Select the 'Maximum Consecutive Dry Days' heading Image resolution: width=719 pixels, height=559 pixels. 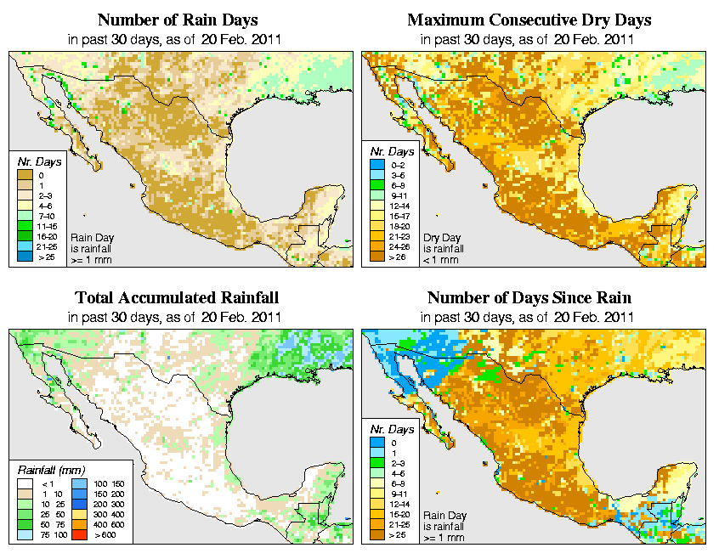(x=529, y=20)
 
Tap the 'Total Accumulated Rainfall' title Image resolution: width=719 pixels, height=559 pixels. (x=177, y=298)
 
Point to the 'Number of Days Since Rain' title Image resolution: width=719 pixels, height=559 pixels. (x=529, y=298)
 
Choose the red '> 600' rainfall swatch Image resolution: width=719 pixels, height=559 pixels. (x=76, y=534)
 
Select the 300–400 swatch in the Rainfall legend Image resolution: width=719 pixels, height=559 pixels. (x=76, y=513)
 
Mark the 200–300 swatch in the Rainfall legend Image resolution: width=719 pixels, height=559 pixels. (x=76, y=503)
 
